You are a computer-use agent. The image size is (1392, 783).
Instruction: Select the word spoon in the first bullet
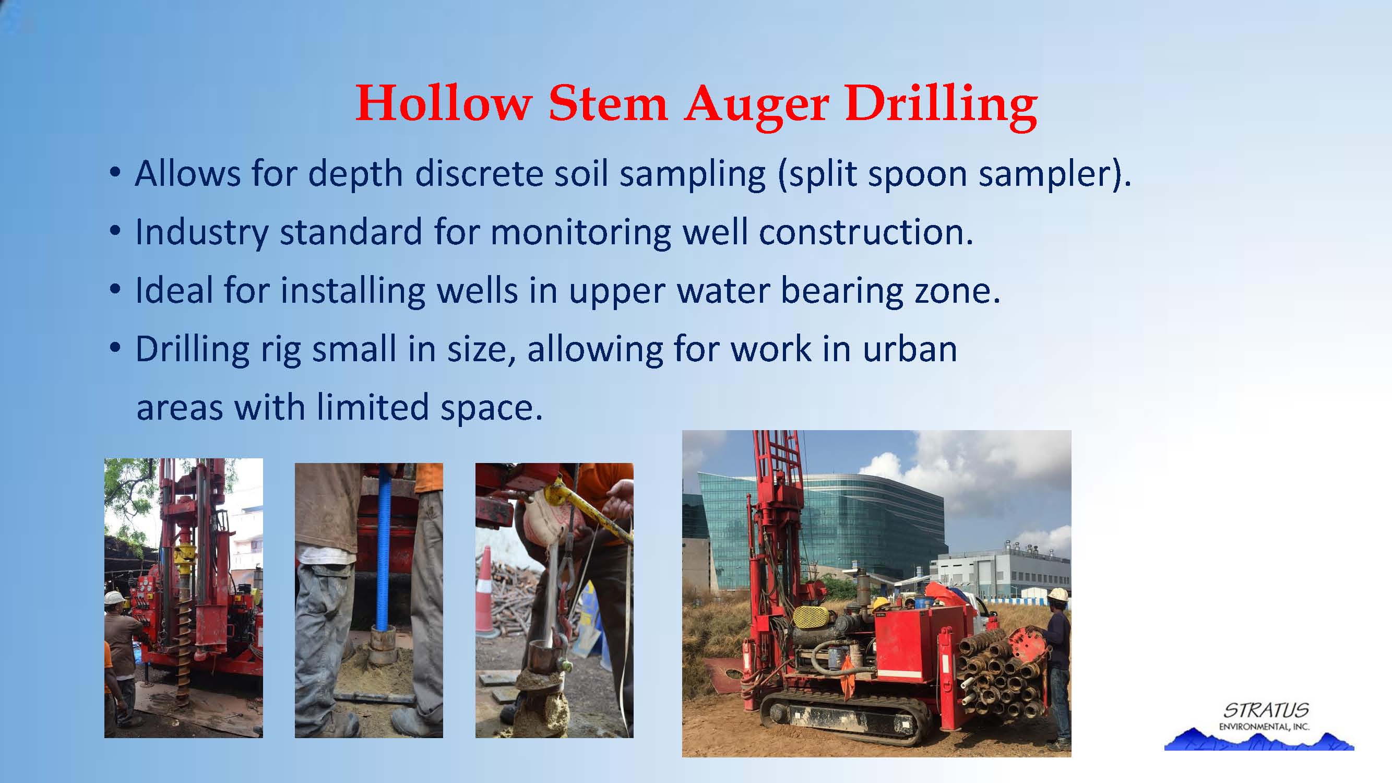pyautogui.click(x=917, y=175)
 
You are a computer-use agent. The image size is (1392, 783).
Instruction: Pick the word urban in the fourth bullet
pyautogui.click(x=909, y=349)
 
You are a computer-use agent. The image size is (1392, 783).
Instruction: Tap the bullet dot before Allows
pyautogui.click(x=114, y=174)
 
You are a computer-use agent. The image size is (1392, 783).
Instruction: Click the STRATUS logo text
pyautogui.click(x=1266, y=710)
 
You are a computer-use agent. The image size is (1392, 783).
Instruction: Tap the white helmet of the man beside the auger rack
pyautogui.click(x=1057, y=594)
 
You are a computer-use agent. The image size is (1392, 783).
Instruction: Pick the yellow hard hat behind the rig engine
pyautogui.click(x=882, y=602)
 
